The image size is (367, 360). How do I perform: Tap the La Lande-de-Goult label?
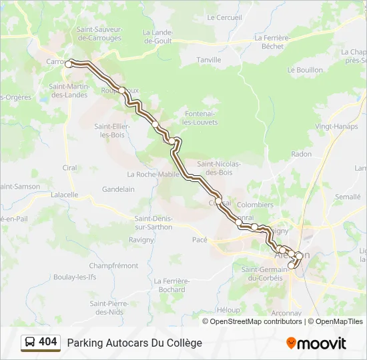click(158, 36)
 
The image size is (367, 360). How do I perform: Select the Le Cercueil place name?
click(224, 17)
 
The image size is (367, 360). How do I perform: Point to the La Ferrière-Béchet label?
click(271, 42)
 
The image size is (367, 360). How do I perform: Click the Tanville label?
click(209, 60)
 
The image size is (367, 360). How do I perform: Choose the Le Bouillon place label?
click(305, 70)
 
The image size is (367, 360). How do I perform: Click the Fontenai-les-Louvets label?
click(200, 118)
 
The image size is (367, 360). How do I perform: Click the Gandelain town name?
click(118, 189)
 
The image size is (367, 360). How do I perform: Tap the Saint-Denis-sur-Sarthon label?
click(153, 223)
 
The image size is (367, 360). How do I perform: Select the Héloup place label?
click(228, 310)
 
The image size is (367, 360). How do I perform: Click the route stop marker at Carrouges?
click(68, 64)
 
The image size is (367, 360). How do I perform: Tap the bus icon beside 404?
click(30, 343)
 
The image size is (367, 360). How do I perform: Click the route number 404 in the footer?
click(48, 342)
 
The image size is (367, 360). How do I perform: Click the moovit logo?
click(316, 343)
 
